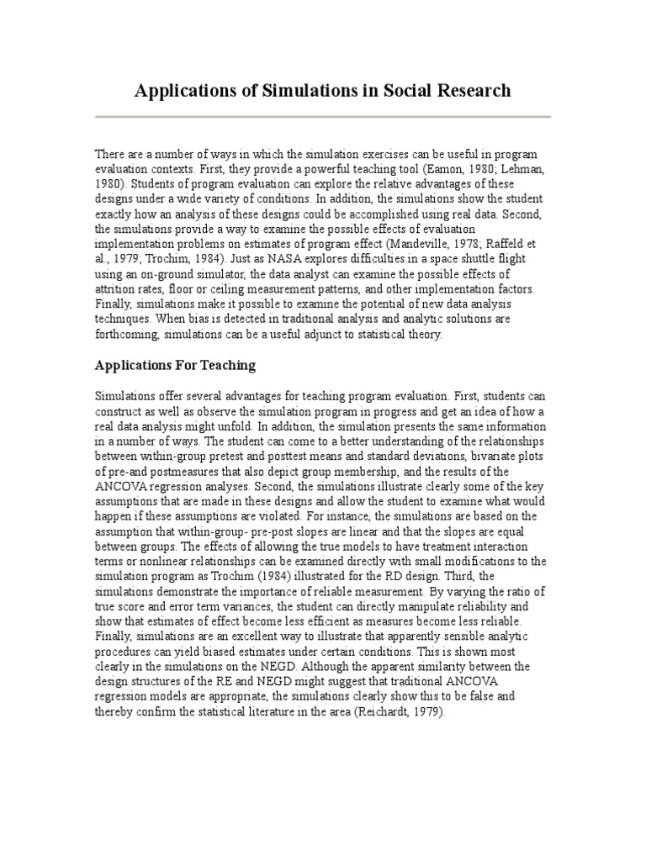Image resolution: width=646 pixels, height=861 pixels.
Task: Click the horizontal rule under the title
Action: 323,117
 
